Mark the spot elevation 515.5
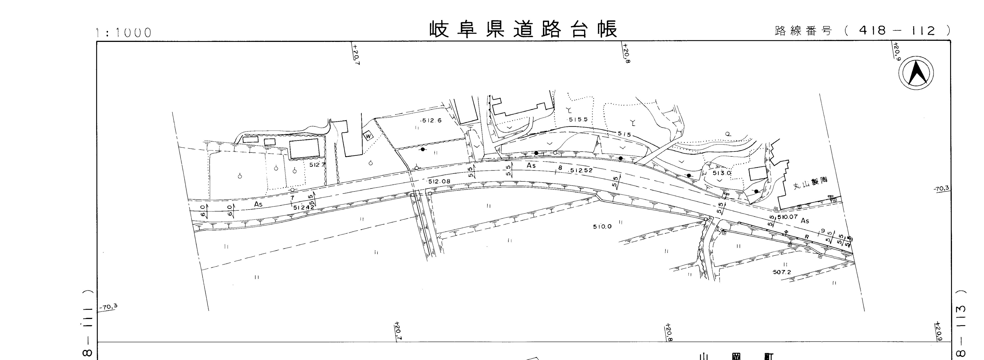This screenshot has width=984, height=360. point(578,120)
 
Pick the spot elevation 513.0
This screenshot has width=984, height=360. point(721,173)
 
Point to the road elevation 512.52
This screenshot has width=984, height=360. point(581,170)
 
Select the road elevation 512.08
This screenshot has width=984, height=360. point(439,182)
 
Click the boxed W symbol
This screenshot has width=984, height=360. point(368,136)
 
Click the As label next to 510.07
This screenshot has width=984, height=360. point(805,221)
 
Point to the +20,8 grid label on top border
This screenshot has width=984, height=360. point(626,53)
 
